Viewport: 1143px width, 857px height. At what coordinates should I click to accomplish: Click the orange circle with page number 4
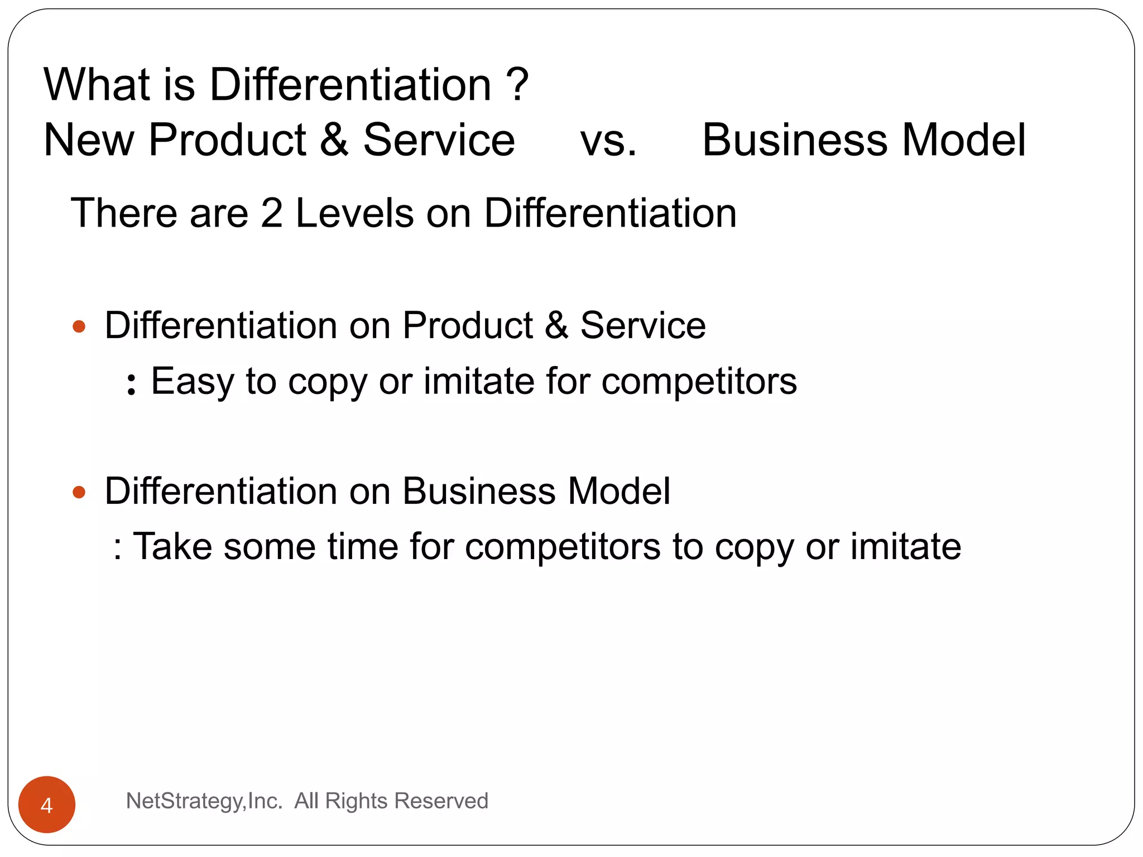(x=47, y=805)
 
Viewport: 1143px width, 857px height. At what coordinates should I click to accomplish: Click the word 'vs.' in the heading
(x=608, y=141)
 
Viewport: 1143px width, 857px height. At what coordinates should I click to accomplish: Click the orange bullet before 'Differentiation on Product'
(x=79, y=326)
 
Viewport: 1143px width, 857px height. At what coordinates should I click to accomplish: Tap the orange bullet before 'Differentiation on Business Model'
(x=79, y=492)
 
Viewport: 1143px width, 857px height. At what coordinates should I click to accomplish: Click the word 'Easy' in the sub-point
(x=193, y=382)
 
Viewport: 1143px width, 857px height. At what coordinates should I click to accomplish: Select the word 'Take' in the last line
(x=172, y=546)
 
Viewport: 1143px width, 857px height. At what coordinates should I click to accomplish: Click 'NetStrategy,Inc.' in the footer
(x=204, y=801)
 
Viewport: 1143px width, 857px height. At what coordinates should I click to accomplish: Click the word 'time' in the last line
(x=363, y=546)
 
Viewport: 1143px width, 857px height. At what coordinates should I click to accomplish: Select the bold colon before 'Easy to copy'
(x=131, y=384)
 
